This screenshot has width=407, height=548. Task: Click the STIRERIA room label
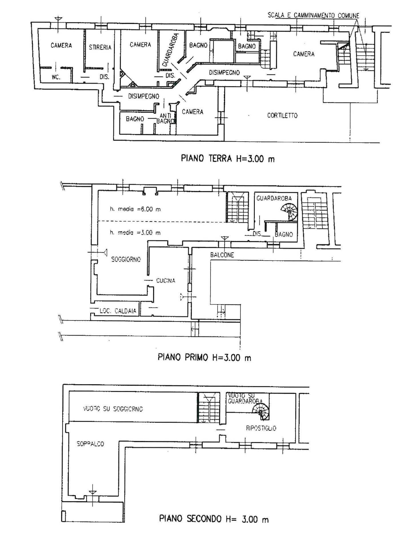pyautogui.click(x=100, y=47)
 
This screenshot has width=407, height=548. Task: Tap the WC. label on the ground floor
pyautogui.click(x=56, y=77)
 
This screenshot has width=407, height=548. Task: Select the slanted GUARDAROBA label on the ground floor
pyautogui.click(x=170, y=50)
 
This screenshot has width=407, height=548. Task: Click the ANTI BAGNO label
pyautogui.click(x=165, y=118)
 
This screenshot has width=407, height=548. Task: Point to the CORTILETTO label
pyautogui.click(x=282, y=116)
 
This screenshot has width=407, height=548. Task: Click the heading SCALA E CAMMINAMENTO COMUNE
pyautogui.click(x=313, y=15)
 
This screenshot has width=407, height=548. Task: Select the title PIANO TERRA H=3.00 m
pyautogui.click(x=228, y=158)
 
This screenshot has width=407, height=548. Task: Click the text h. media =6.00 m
pyautogui.click(x=135, y=209)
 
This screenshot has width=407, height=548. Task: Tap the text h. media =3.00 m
pyautogui.click(x=135, y=233)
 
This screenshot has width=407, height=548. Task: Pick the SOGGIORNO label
pyautogui.click(x=126, y=260)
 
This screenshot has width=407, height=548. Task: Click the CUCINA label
pyautogui.click(x=166, y=281)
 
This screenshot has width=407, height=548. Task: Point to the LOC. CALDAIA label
pyautogui.click(x=118, y=311)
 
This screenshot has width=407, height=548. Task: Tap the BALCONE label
pyautogui.click(x=222, y=255)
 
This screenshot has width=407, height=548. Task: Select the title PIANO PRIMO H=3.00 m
pyautogui.click(x=204, y=357)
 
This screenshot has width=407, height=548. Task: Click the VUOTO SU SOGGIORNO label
pyautogui.click(x=113, y=409)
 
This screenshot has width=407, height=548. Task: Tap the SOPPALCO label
pyautogui.click(x=90, y=444)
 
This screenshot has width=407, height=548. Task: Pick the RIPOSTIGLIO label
pyautogui.click(x=261, y=428)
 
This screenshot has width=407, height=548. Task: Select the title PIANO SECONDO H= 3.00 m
pyautogui.click(x=214, y=519)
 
